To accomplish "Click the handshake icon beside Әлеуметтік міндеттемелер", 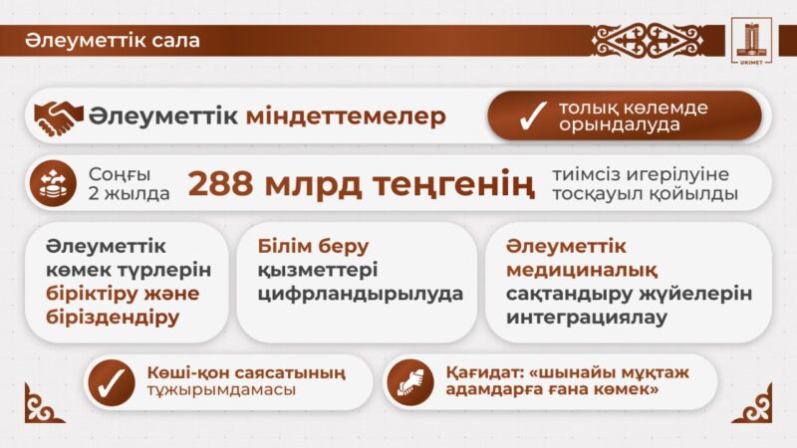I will [x=59, y=117].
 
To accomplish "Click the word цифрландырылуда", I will [x=360, y=294].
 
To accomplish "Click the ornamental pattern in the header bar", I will [x=647, y=41].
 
